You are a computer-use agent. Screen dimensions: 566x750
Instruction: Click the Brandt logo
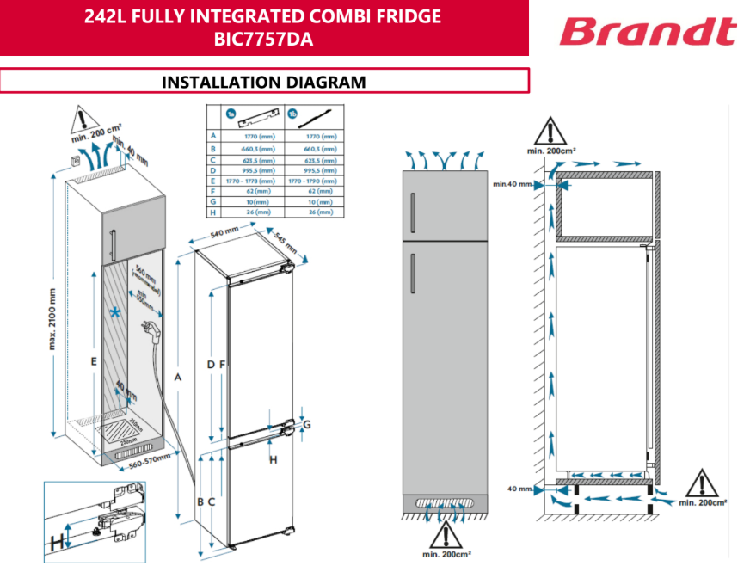648,32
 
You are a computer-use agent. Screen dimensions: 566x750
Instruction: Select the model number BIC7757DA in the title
263,38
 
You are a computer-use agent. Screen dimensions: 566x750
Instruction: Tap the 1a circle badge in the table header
231,114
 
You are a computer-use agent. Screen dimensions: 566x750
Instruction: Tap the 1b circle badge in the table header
292,114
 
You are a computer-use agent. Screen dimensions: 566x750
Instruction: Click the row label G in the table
212,201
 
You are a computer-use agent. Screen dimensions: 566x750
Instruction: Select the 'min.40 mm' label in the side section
512,184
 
